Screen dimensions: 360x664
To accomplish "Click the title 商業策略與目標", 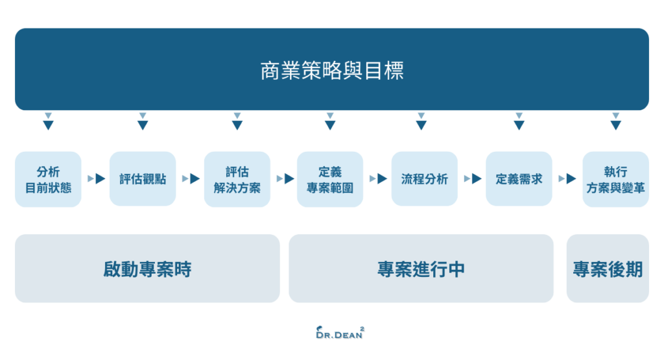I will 332,70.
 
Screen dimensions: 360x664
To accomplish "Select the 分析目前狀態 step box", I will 48,180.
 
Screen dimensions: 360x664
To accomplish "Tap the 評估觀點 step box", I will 143,180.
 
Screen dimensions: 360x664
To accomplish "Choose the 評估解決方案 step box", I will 237,180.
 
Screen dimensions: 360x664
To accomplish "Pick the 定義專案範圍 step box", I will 330,180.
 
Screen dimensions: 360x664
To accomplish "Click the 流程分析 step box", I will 424,180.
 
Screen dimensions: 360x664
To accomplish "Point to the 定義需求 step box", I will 519,180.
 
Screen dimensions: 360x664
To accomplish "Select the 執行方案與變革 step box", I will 615,180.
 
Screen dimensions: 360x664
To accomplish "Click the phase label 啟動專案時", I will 147,269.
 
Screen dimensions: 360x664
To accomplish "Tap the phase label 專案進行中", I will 421,269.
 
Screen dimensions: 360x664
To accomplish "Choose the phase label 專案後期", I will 608,269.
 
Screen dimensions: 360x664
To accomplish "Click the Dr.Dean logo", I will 339,333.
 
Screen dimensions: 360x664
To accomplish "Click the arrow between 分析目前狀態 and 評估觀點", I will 97,179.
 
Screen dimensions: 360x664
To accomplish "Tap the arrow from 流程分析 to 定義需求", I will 473,179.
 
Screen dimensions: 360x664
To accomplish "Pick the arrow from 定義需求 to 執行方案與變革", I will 568,179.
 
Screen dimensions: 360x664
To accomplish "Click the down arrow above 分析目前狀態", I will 48,122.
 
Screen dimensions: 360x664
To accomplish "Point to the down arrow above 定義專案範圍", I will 330,122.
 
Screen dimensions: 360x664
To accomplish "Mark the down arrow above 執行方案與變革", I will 615,122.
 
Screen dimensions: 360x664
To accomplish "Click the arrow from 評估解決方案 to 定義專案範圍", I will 285,179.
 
